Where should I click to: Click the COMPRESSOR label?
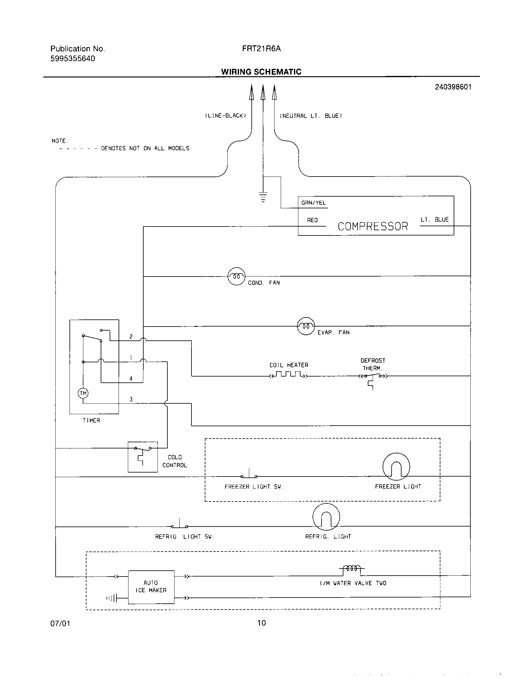pyautogui.click(x=373, y=226)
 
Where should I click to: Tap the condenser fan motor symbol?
pyautogui.click(x=236, y=276)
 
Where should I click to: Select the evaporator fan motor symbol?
pyautogui.click(x=306, y=326)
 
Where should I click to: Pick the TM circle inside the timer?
pyautogui.click(x=83, y=393)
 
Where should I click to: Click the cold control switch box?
pyautogui.click(x=143, y=457)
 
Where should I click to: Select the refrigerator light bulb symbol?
pyautogui.click(x=326, y=517)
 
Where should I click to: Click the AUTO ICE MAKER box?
pyautogui.click(x=151, y=587)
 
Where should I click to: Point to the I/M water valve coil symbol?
pyautogui.click(x=351, y=569)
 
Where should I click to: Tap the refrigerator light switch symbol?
pyautogui.click(x=179, y=526)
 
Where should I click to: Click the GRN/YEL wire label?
pyautogui.click(x=313, y=203)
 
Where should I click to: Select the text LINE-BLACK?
pyautogui.click(x=225, y=116)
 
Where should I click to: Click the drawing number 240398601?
pyautogui.click(x=453, y=87)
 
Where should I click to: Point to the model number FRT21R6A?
pyautogui.click(x=261, y=48)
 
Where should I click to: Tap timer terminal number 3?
pyautogui.click(x=131, y=399)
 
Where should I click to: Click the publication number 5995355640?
pyautogui.click(x=73, y=58)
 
